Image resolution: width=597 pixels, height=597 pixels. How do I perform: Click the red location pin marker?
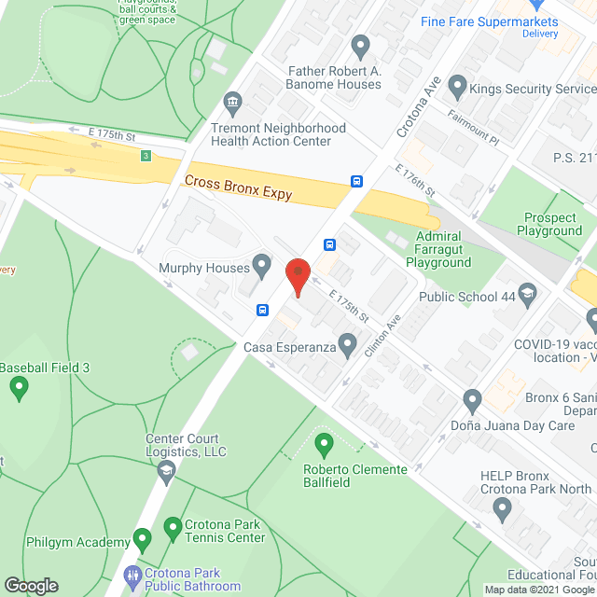(297, 276)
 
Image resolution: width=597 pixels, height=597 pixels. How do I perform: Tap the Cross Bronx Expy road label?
(238, 187)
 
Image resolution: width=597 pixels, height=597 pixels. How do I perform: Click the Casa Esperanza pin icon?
(347, 347)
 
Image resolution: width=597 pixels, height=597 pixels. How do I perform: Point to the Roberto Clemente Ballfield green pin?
(324, 442)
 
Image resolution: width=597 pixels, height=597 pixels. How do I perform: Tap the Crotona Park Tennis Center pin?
(172, 529)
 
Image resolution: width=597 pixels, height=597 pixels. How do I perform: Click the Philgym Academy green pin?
(142, 538)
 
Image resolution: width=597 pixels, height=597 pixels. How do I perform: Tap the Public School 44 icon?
(527, 296)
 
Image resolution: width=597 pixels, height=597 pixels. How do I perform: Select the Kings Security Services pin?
(457, 89)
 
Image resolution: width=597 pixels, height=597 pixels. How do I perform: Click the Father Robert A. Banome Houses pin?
(360, 46)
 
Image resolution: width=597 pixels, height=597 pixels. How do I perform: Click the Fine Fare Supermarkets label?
(489, 21)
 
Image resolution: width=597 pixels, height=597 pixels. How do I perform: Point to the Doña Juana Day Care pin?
(472, 401)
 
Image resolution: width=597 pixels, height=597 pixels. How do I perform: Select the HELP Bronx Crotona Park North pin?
(503, 509)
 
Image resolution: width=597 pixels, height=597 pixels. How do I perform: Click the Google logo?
(30, 585)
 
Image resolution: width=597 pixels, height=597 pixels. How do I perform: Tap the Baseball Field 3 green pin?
(19, 389)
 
